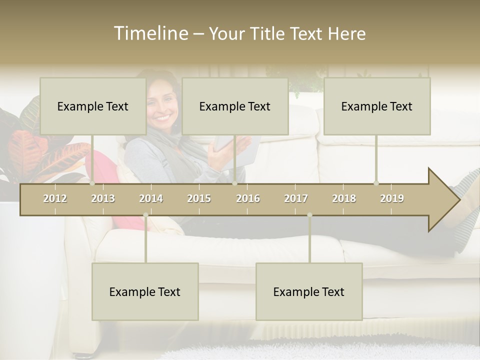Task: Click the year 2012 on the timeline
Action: (x=55, y=198)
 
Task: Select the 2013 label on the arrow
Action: (x=103, y=198)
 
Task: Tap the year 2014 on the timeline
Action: (x=151, y=198)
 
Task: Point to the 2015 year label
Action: (x=199, y=198)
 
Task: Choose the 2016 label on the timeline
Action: (x=248, y=198)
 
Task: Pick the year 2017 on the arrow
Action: (x=296, y=198)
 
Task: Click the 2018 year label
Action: (x=344, y=198)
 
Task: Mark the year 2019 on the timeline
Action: (x=392, y=198)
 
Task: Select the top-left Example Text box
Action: (x=93, y=106)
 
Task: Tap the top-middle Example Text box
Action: (x=235, y=106)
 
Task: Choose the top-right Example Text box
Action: (x=377, y=106)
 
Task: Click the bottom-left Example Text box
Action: (x=145, y=291)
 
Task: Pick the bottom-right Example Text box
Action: (x=309, y=291)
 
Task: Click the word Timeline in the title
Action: (x=150, y=33)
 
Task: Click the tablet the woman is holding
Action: (x=235, y=147)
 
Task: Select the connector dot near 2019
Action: (x=376, y=183)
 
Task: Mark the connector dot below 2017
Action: (x=309, y=215)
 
